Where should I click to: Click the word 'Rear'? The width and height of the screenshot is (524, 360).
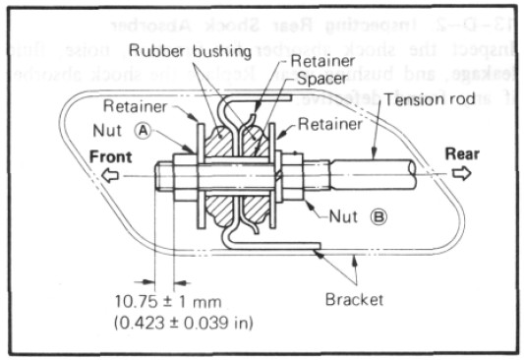point(462,153)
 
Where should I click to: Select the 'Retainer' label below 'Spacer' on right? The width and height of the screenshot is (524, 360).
point(329,124)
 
